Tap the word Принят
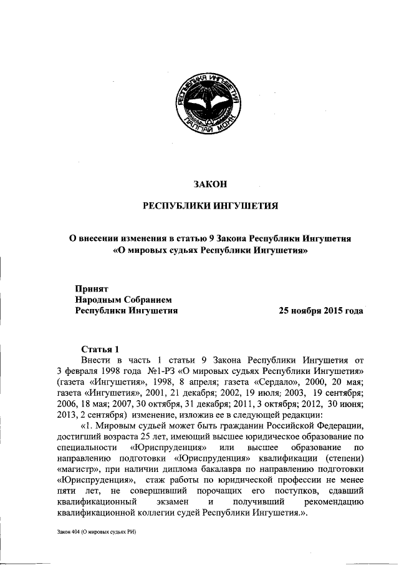92,288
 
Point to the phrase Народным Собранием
122,299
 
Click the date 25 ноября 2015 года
321,310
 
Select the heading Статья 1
99,348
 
